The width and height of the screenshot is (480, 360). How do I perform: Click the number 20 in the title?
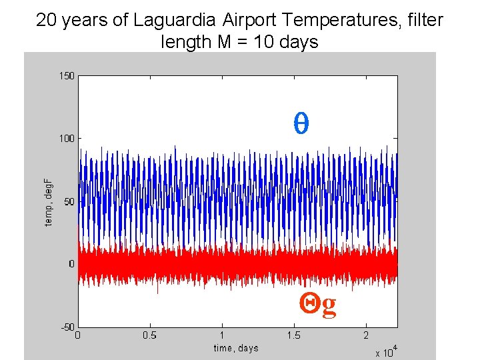point(45,20)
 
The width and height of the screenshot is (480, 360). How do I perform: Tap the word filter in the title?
point(425,20)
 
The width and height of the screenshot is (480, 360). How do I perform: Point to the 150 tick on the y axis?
point(66,75)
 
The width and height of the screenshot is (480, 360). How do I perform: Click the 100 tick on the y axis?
point(66,138)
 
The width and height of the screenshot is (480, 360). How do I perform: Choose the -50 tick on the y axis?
point(67,327)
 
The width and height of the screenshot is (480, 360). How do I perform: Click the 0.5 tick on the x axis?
point(149,335)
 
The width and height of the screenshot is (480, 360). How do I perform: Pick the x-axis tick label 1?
point(222,335)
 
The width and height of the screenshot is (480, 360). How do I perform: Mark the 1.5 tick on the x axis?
point(293,335)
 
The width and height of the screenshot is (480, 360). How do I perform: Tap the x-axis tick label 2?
point(365,335)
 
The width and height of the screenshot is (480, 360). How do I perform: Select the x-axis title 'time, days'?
point(236,347)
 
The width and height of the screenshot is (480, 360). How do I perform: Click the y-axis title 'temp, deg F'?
point(48,201)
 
